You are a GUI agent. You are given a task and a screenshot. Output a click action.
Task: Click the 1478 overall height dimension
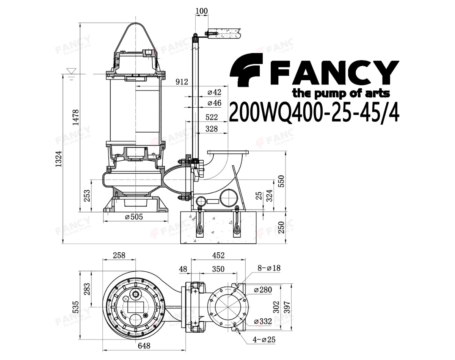[75, 117]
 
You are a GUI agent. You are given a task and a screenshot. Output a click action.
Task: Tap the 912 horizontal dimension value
[182, 81]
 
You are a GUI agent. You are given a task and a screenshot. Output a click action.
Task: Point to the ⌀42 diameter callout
[214, 92]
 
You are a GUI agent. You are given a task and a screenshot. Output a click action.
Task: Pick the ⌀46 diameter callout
[214, 103]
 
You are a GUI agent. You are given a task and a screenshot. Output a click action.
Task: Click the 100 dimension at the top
[201, 11]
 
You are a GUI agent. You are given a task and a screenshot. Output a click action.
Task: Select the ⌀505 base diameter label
[134, 217]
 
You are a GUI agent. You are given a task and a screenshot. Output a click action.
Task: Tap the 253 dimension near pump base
[87, 196]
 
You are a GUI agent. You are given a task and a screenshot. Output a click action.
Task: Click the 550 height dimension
[282, 181]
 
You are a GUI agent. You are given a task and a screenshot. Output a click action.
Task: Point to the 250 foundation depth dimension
[281, 227]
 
